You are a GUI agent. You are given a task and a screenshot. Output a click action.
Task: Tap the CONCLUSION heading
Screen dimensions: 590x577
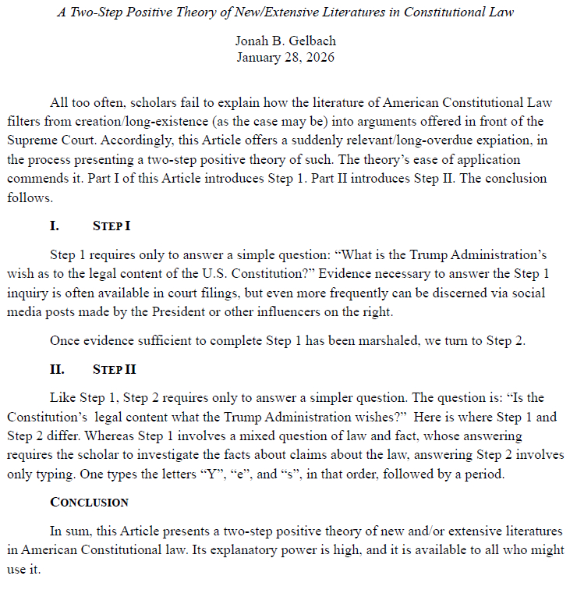[89, 502]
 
